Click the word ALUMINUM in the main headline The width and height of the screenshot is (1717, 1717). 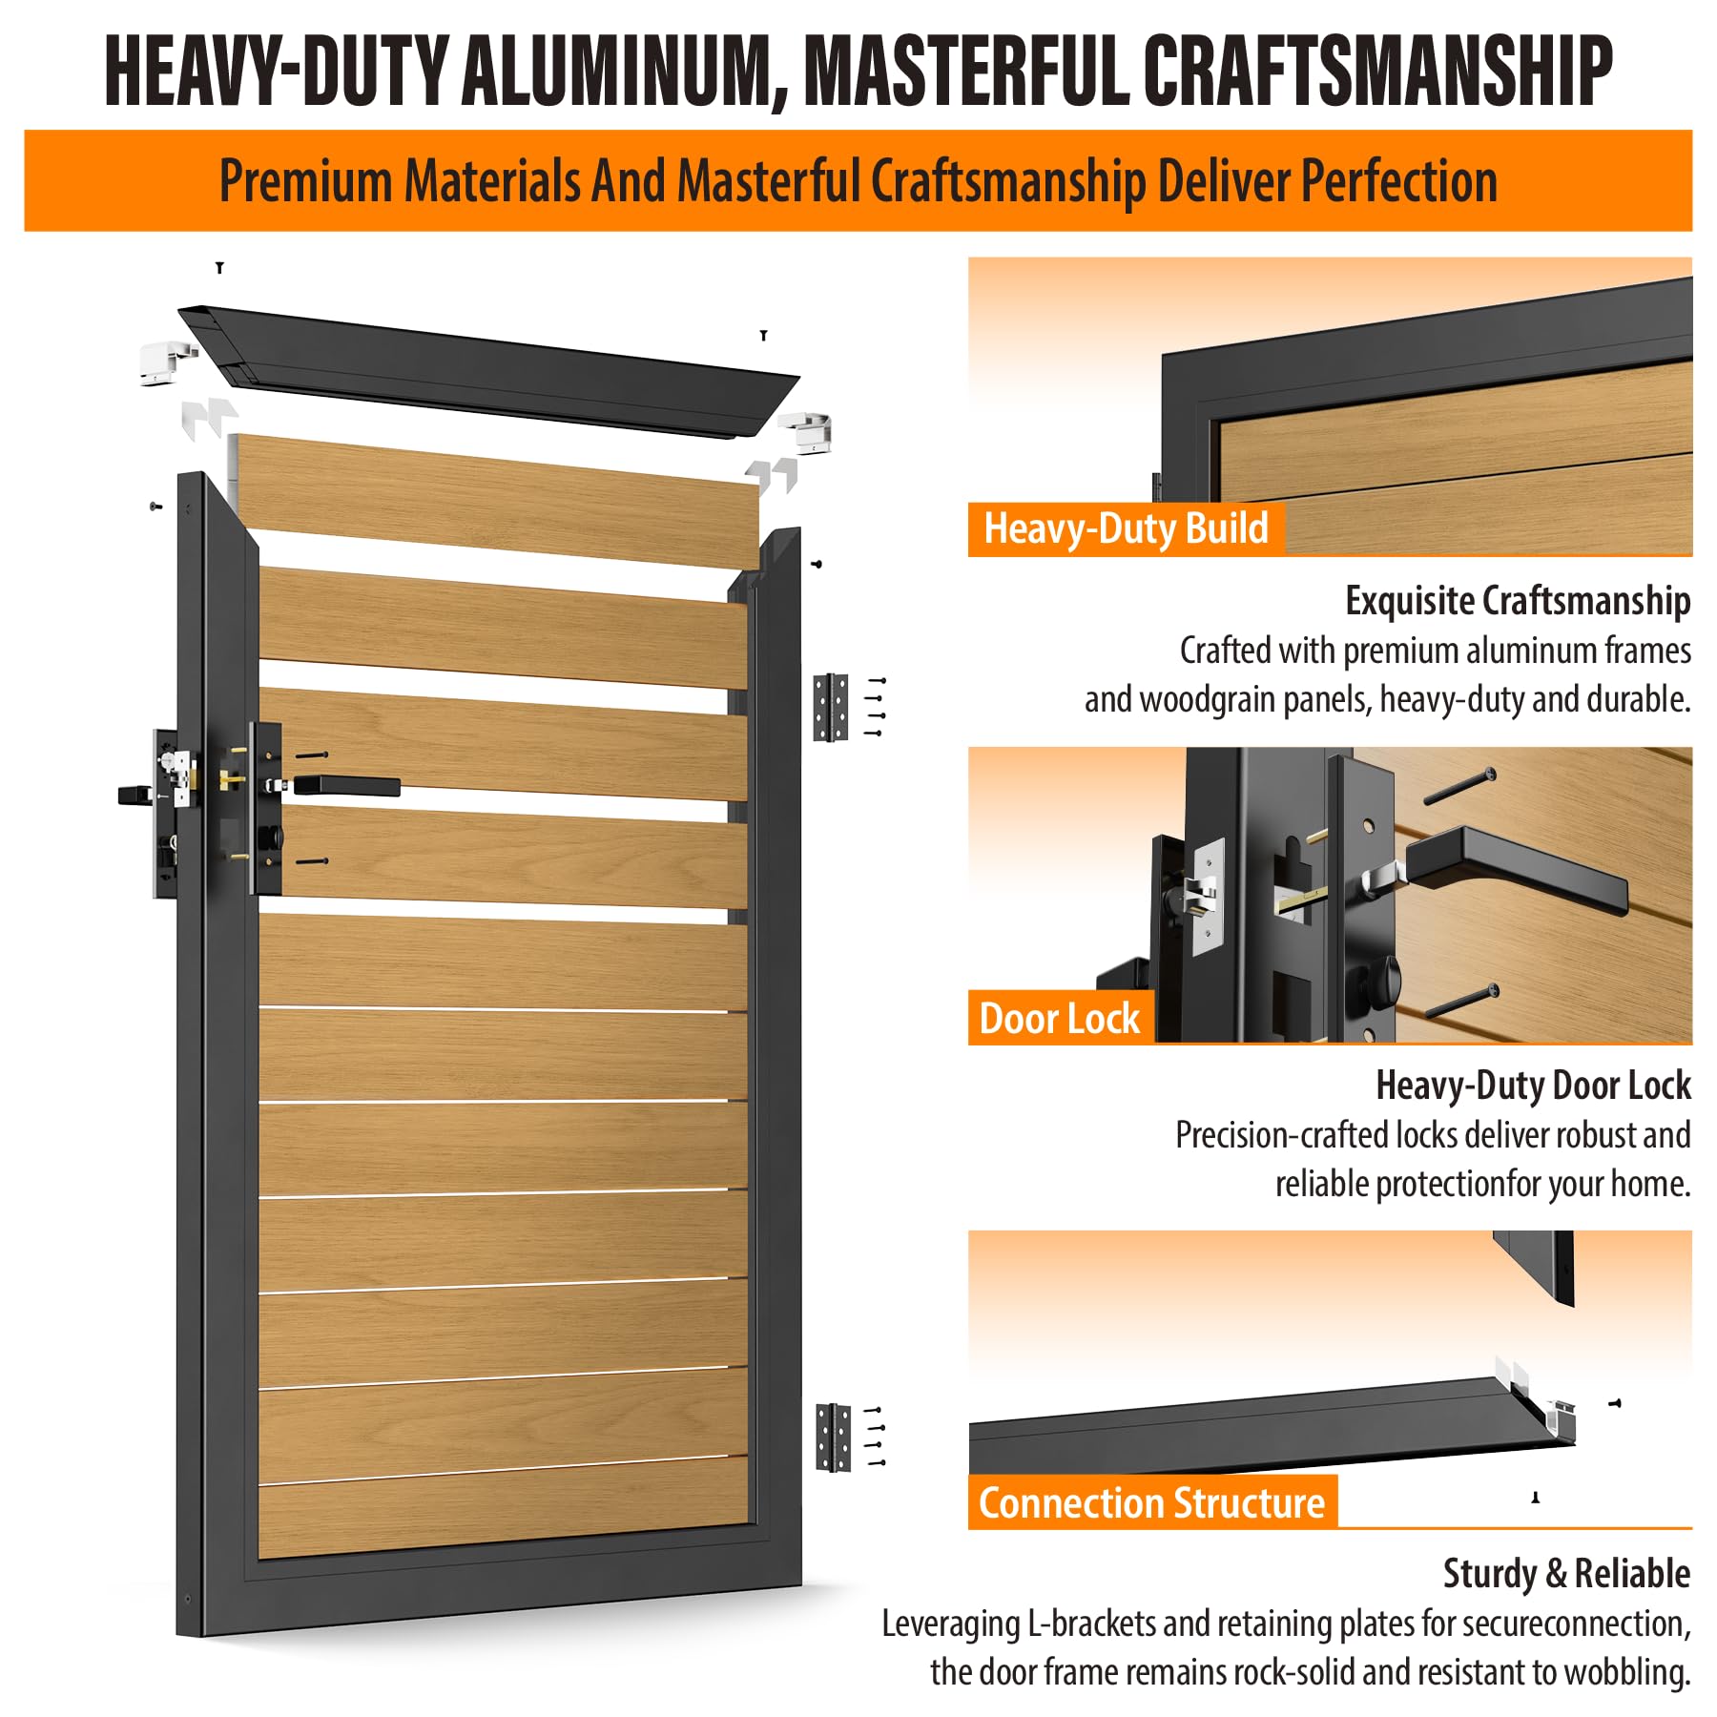(624, 71)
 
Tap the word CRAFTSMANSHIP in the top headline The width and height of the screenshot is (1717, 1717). (1377, 71)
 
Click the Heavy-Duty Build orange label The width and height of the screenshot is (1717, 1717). (1126, 529)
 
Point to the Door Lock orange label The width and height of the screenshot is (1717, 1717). (1060, 1019)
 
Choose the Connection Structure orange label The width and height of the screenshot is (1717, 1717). (1152, 1503)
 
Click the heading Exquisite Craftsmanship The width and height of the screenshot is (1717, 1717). (1518, 601)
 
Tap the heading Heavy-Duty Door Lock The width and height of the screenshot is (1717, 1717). (1533, 1086)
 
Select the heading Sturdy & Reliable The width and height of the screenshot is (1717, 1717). (1566, 1574)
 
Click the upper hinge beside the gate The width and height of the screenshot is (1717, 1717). (831, 707)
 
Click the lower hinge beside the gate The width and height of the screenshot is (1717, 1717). (834, 1438)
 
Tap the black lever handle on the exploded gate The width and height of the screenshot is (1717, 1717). (345, 787)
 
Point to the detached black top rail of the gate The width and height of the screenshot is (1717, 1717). (488, 372)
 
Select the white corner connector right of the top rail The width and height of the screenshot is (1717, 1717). (806, 432)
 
